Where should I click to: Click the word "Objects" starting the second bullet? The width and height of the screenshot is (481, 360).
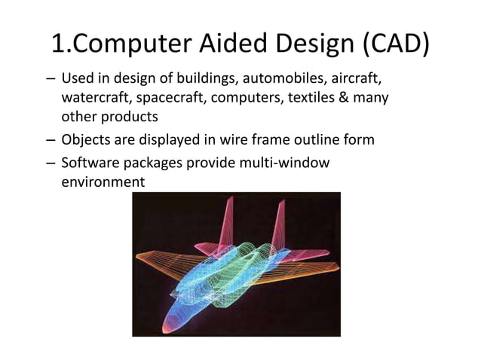click(x=86, y=140)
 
